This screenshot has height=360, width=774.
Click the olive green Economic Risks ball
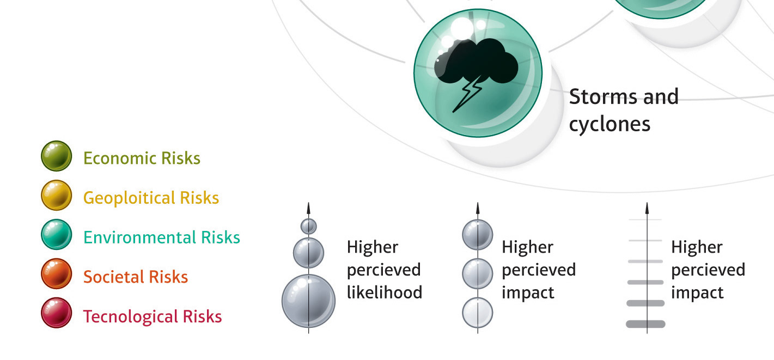[x=56, y=156]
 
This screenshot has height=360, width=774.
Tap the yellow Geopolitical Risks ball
[x=56, y=196]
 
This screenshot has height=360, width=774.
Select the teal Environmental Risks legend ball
[x=56, y=235]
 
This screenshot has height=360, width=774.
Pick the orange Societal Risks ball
[x=56, y=274]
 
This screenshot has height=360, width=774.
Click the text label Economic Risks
[x=142, y=158]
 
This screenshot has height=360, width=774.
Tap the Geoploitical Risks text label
[x=151, y=198]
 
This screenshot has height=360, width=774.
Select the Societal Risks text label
[x=135, y=277]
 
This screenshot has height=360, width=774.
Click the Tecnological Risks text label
[x=152, y=316]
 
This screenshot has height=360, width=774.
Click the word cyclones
[x=610, y=124]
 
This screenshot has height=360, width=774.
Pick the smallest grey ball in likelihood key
[x=309, y=225]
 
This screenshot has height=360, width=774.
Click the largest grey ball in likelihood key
[x=309, y=301]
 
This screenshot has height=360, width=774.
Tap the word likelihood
[x=384, y=292]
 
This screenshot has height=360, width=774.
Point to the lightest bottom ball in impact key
[x=478, y=313]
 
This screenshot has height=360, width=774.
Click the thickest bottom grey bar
[x=645, y=324]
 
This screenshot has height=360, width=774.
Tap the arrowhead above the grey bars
[x=647, y=208]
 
